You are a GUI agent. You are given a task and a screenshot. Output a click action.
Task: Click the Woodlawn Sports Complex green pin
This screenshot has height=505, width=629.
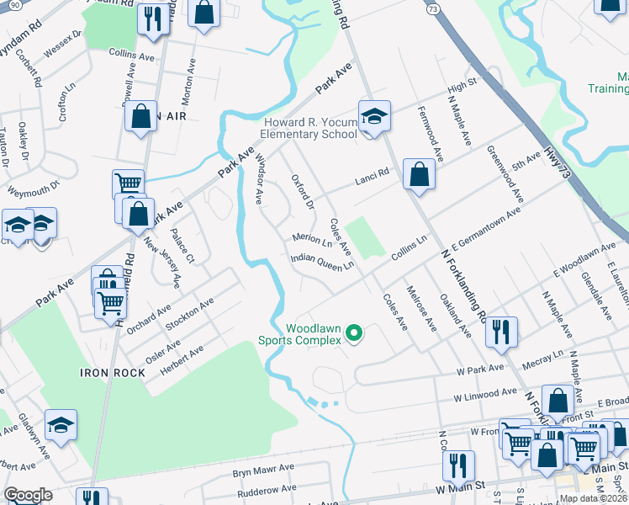pos(354,334)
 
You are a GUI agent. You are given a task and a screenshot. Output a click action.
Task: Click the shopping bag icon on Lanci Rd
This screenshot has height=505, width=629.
pos(419,174)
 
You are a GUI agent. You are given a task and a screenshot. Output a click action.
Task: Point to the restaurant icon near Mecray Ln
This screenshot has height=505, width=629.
pos(501,331)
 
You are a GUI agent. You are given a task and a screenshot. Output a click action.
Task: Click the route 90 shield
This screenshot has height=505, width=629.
pos(7,5)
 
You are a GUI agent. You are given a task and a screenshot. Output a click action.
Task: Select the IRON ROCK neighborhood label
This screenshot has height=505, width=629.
pos(107,372)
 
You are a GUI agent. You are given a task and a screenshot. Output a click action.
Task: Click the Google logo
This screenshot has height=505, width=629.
pos(29,495)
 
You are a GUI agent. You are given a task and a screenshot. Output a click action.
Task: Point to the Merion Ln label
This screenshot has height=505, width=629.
pos(312,239)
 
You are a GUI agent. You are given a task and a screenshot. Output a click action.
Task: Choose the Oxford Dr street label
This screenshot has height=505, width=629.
pos(301,193)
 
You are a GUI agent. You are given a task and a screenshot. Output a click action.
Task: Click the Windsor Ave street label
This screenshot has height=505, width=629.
pos(259,178)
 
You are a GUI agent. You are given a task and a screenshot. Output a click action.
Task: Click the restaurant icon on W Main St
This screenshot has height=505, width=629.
pos(457,465)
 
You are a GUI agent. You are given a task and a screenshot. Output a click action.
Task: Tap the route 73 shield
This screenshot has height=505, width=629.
pos(432,8)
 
